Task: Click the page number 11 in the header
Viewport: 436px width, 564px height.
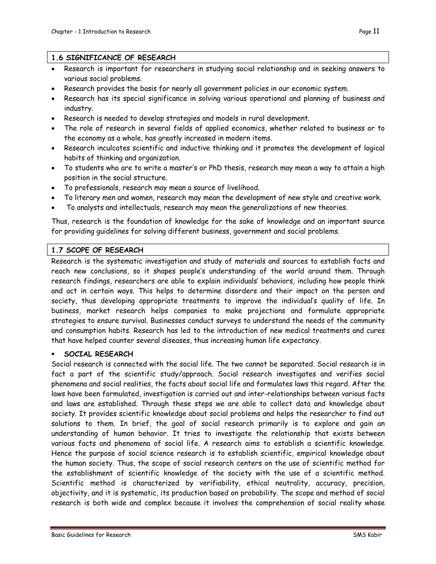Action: pos(376,31)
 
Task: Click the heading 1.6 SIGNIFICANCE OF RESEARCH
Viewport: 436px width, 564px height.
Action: pos(113,58)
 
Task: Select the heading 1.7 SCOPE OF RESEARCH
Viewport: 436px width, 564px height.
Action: pos(97,250)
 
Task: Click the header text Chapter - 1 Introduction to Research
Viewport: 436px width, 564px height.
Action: pos(101,32)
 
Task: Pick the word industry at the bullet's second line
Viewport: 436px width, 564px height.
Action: pos(78,109)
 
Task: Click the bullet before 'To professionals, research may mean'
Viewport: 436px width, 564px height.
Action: pos(53,188)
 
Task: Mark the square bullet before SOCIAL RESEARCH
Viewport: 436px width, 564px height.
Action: pos(53,354)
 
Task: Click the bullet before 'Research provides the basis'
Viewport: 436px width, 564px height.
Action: pos(53,89)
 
